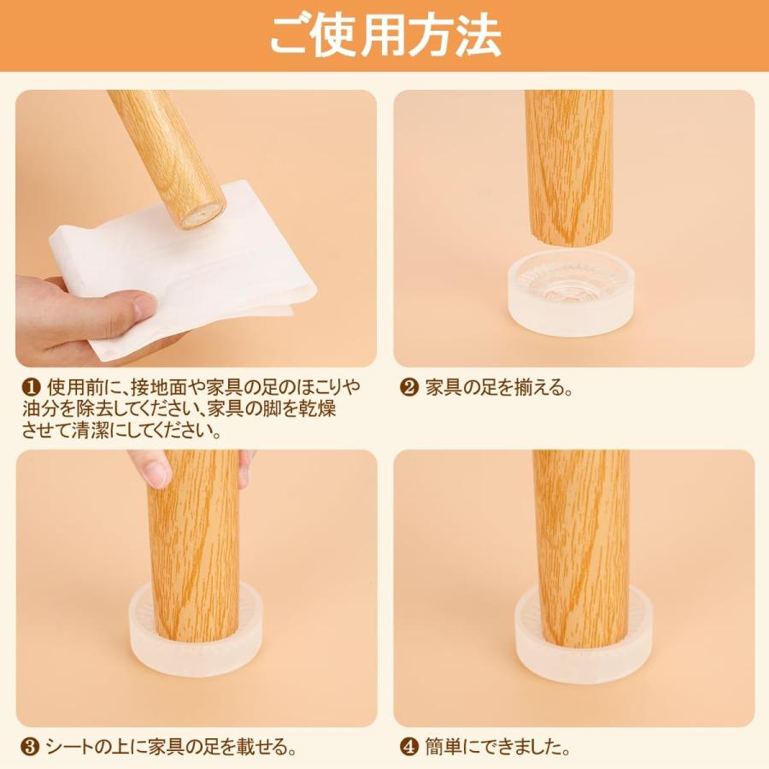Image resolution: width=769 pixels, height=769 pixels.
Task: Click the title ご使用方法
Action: pos(385,35)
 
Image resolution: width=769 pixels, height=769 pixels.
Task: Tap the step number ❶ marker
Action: pos(31,388)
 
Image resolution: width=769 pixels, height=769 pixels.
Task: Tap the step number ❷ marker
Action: pos(409,388)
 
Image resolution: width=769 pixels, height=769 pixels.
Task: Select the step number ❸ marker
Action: pos(30,747)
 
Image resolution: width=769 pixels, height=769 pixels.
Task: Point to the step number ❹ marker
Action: pos(408,747)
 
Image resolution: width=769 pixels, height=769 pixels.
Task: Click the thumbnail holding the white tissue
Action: pos(197,228)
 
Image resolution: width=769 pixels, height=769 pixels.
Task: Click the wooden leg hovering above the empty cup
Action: pos(569,167)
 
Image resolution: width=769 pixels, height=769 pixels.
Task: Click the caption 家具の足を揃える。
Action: pos(499,388)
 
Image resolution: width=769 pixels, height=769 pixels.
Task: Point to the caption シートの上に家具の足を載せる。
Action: pos(171,747)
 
